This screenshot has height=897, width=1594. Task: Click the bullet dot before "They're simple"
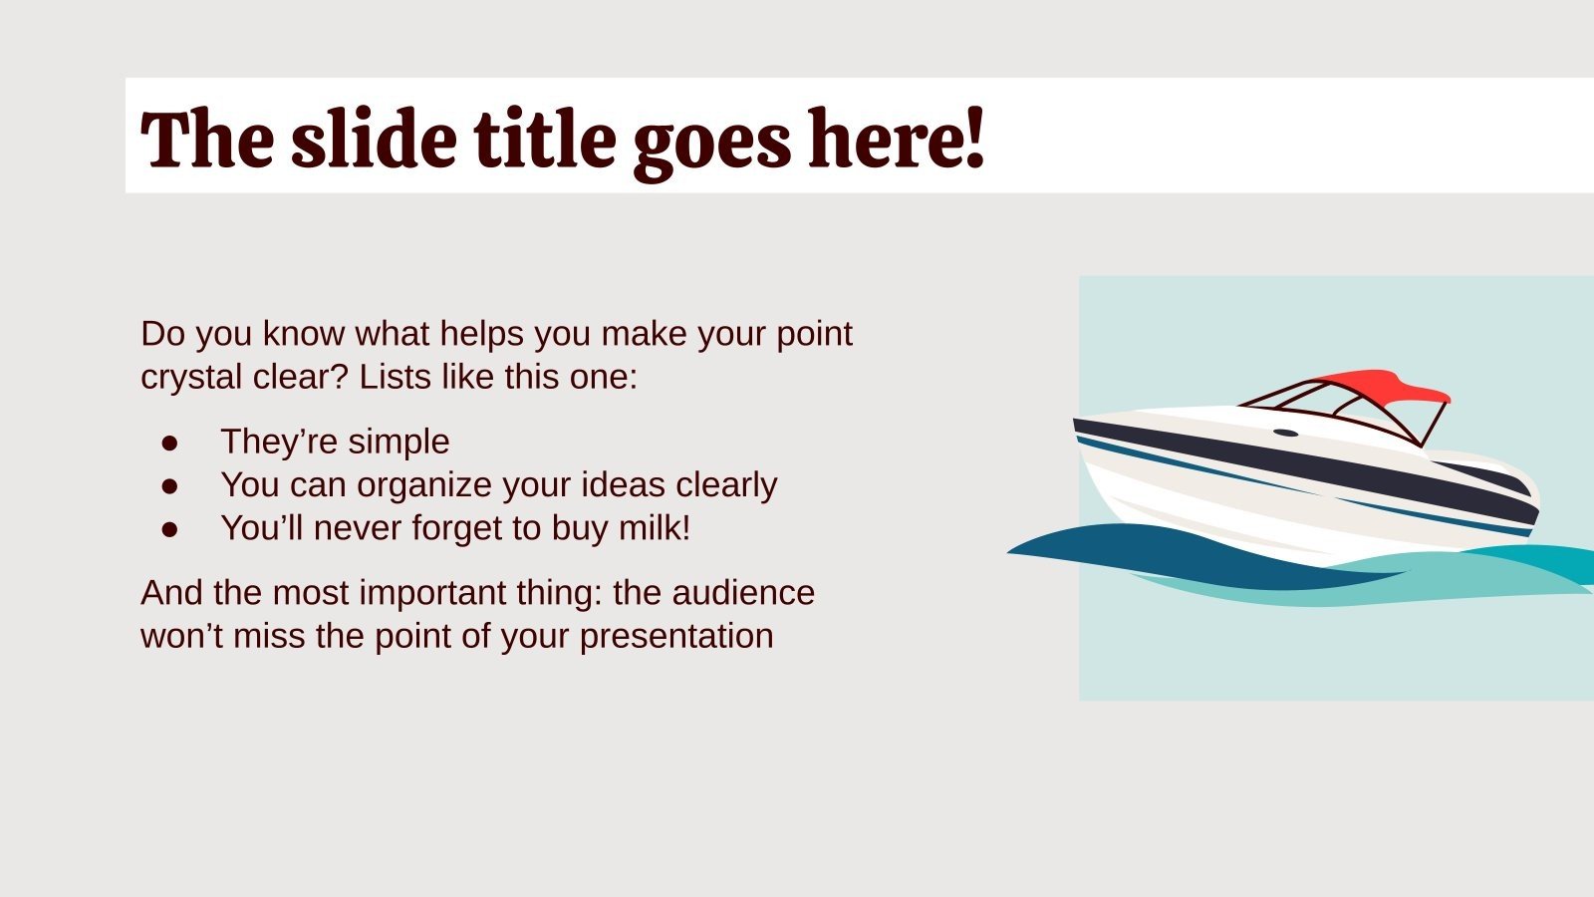coord(169,443)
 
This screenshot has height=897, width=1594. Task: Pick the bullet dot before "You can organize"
coord(169,486)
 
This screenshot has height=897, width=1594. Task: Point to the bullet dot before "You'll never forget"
coord(169,529)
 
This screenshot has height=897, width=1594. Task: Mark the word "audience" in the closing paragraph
coord(743,592)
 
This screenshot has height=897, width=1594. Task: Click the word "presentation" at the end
coord(676,638)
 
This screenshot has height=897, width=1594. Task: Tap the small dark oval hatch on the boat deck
coord(1285,433)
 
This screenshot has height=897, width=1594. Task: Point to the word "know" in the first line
coord(304,333)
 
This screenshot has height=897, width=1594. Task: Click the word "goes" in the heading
coord(711,146)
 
